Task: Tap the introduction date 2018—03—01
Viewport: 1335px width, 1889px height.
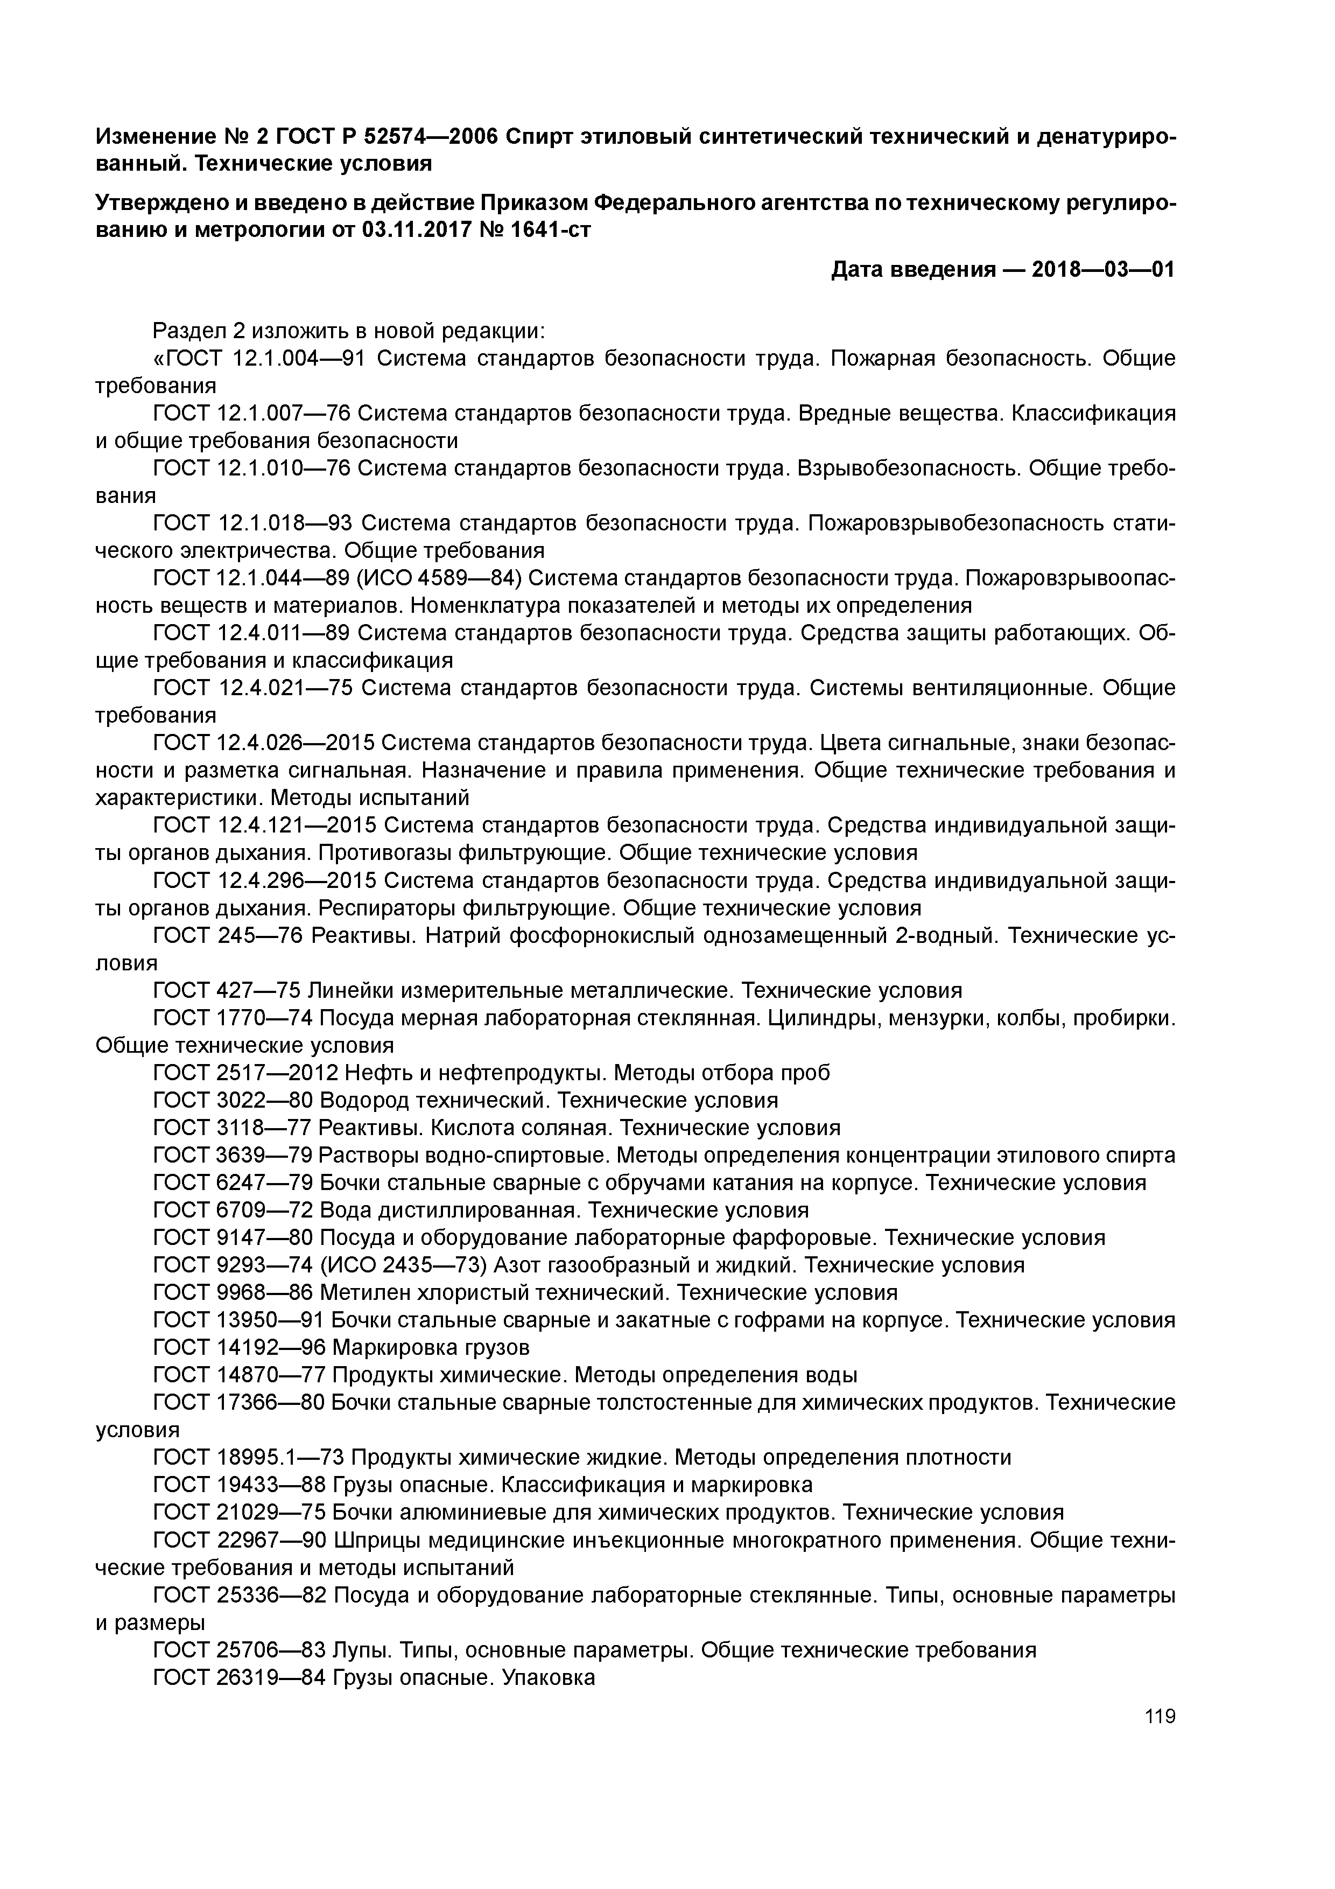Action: click(x=1103, y=269)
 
